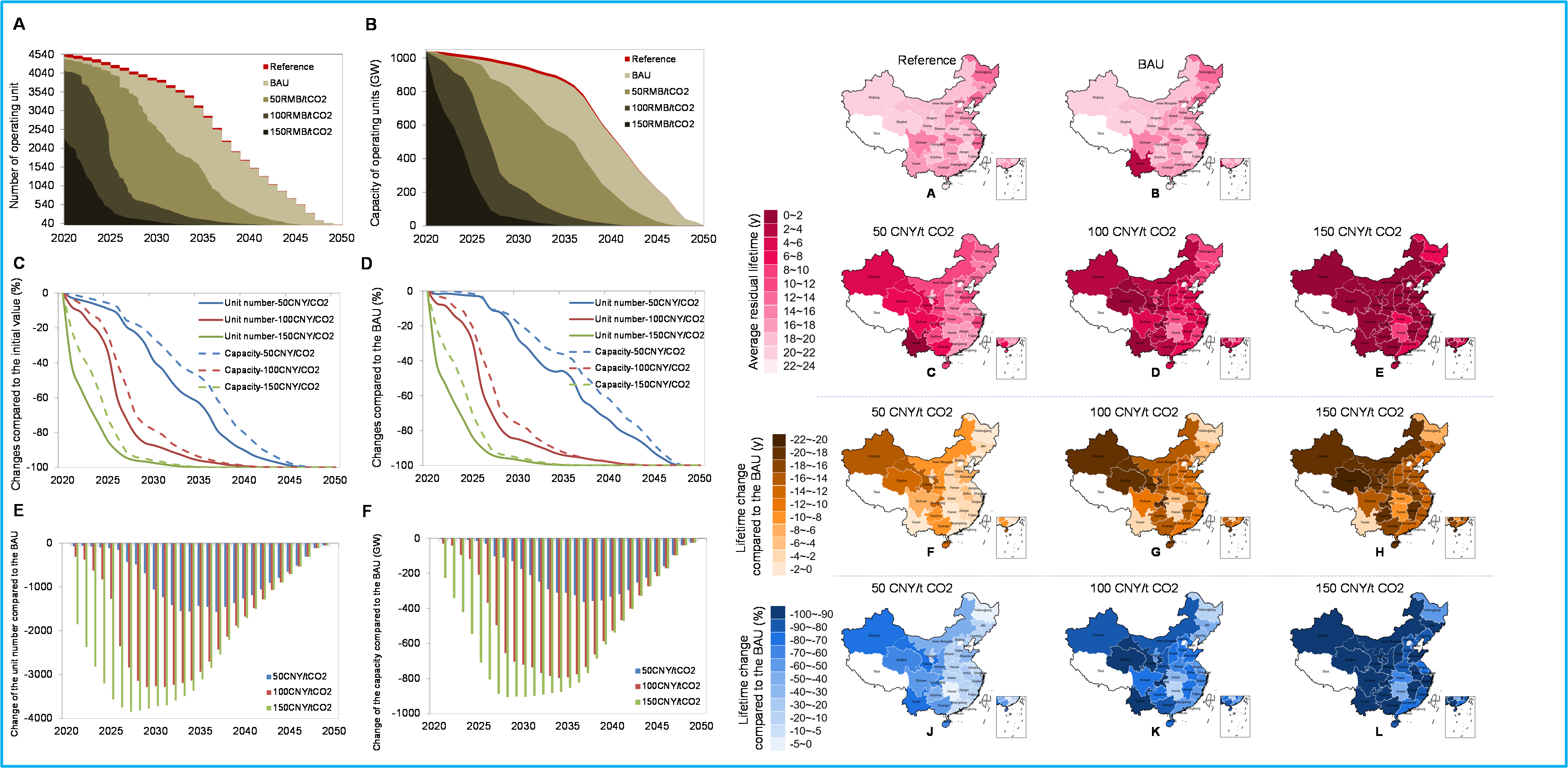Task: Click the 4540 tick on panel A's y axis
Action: (41, 55)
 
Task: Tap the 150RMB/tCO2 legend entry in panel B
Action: (662, 124)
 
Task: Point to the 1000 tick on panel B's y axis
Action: (403, 58)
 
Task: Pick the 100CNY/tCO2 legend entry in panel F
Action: (670, 686)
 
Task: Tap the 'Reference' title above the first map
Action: (926, 60)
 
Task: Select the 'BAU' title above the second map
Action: (1151, 65)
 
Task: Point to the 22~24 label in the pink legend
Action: (799, 366)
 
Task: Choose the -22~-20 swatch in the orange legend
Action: (778, 440)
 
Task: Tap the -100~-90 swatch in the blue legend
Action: (777, 614)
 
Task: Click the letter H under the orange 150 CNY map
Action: (1379, 552)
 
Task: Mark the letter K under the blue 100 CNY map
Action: (1155, 731)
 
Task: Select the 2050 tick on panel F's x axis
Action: (701, 726)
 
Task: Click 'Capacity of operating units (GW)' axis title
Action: (375, 143)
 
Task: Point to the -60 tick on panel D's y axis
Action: (405, 396)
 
